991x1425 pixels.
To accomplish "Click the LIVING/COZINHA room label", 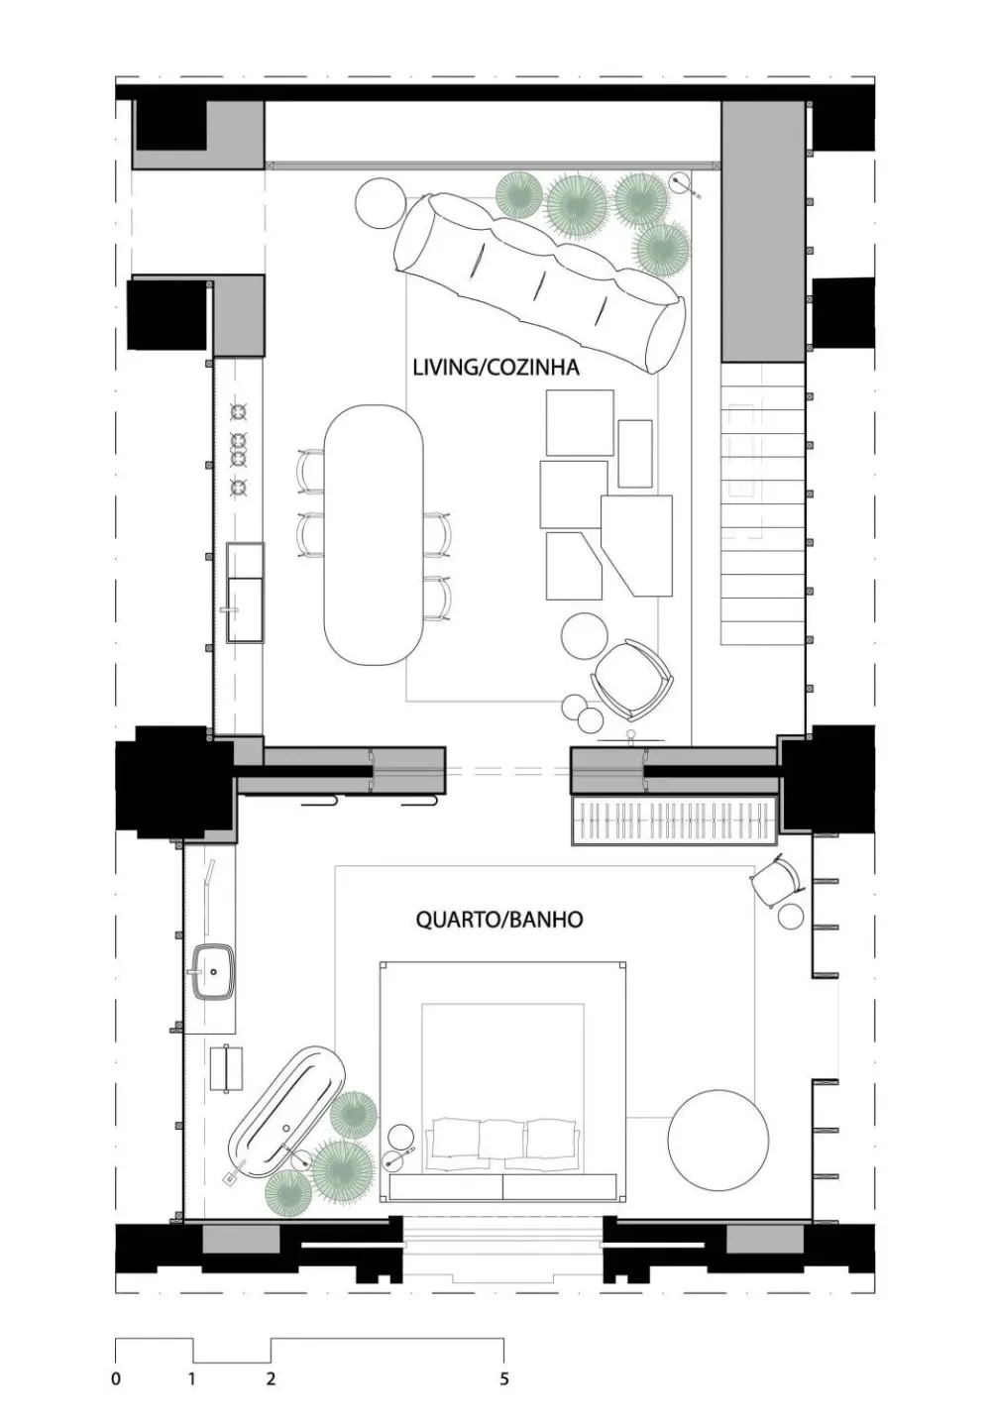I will coord(495,368).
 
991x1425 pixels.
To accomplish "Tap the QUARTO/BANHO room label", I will coord(498,920).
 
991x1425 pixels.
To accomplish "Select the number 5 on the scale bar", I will coord(504,1378).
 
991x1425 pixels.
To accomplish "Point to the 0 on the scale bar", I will coord(116,1378).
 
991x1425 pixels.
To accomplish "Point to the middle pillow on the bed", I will coord(501,1139).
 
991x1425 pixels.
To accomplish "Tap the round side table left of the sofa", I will coord(380,202).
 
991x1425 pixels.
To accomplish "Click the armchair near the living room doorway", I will coord(632,679).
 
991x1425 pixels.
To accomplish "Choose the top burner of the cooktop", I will coord(239,409).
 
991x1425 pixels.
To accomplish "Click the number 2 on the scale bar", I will coord(271,1378).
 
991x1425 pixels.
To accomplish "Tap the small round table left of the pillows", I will coord(401,1138).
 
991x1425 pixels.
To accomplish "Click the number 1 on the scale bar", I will coord(192,1378).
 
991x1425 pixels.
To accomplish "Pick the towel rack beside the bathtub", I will coord(227,1068).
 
